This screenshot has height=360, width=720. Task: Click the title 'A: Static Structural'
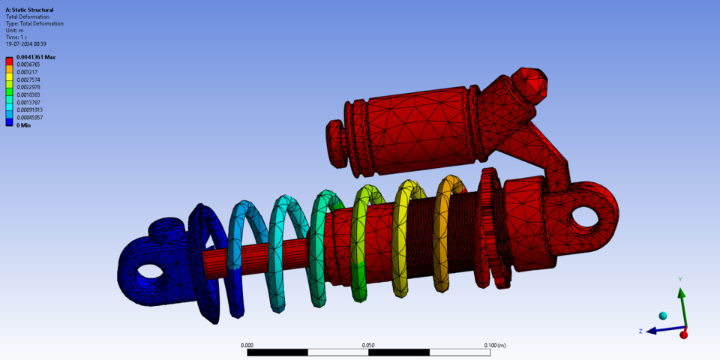[29, 10]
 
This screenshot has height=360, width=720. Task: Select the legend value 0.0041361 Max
[36, 57]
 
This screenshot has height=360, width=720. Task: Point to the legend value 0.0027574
[29, 79]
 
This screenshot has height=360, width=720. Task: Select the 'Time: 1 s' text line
[16, 37]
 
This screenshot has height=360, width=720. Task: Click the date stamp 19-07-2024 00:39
[25, 43]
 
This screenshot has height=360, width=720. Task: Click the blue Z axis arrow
[660, 330]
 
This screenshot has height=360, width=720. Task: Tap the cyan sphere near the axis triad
[662, 316]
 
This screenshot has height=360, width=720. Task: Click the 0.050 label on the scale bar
[368, 345]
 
